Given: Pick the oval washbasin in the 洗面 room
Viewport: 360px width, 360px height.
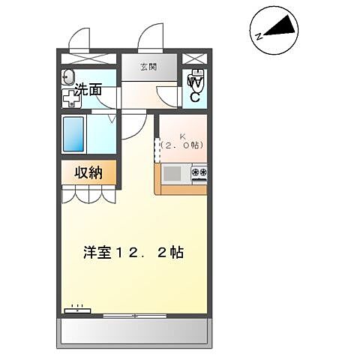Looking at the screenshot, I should coord(69,76).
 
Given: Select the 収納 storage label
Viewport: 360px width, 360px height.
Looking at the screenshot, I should coord(88,172).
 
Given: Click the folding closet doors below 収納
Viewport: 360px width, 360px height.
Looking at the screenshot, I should coord(88,194).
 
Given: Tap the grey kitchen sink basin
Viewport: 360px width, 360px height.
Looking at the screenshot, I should coord(172,175).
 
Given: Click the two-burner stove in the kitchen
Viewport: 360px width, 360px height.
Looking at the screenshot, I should coord(199,175).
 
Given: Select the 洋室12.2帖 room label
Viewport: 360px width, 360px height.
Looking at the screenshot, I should coord(133,252).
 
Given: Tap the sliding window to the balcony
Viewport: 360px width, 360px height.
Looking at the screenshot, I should coord(135,316).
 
